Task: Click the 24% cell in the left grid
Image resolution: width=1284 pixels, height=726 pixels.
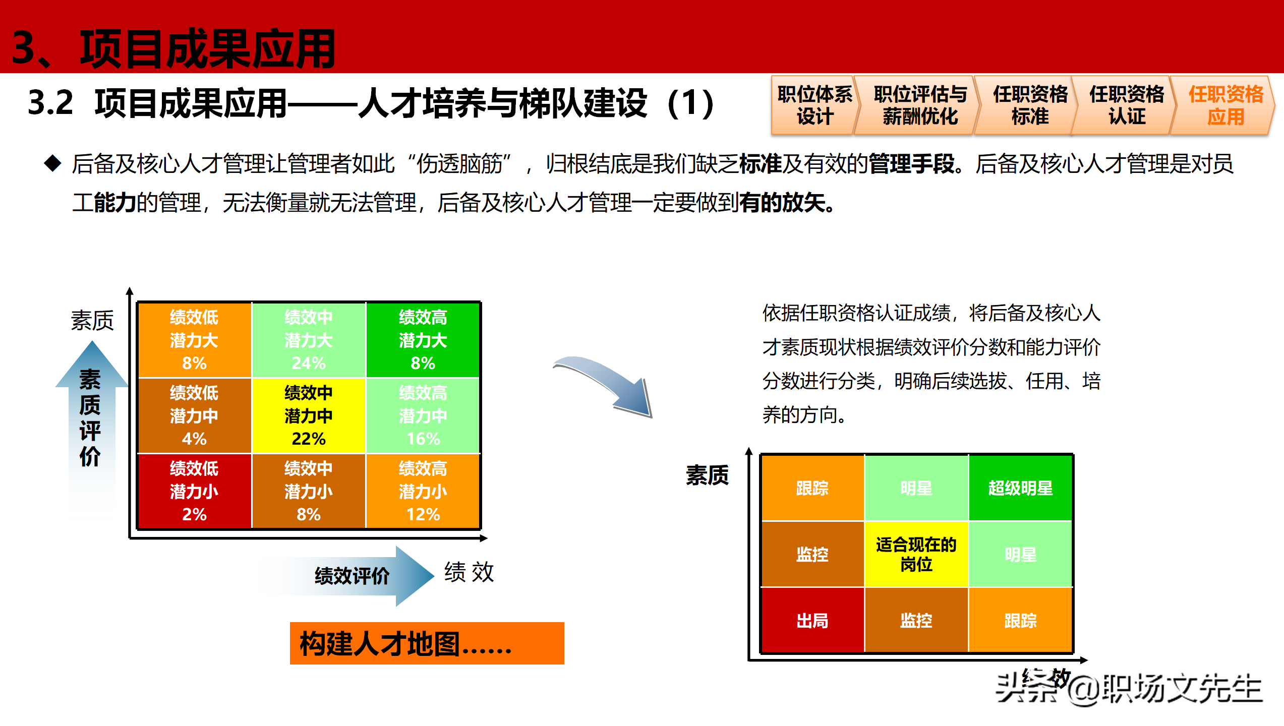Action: coord(308,340)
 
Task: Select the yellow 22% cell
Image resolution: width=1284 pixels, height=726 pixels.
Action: coord(308,416)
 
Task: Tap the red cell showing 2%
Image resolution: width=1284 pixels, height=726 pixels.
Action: coord(194,492)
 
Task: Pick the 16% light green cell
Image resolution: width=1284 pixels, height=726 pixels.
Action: coord(423,416)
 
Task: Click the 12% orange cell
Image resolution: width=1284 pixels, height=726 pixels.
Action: coord(423,492)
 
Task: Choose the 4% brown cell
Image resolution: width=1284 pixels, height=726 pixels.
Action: coord(194,416)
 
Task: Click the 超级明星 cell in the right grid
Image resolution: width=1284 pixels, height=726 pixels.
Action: coord(1020,488)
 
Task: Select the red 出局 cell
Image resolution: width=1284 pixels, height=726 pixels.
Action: coord(812,621)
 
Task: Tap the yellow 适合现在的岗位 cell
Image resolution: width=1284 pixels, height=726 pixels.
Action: coord(916,554)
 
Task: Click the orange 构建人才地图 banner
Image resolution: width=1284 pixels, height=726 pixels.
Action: coord(427,643)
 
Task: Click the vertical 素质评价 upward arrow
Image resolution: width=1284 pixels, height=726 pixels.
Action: coord(91,418)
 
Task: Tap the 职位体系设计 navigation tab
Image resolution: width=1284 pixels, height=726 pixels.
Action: coord(814,105)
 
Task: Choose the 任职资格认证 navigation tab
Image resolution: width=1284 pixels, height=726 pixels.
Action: coord(1126,105)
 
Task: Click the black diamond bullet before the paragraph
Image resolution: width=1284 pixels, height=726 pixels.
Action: coord(52,163)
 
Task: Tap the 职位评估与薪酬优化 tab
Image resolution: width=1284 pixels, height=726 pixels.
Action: coord(920,105)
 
